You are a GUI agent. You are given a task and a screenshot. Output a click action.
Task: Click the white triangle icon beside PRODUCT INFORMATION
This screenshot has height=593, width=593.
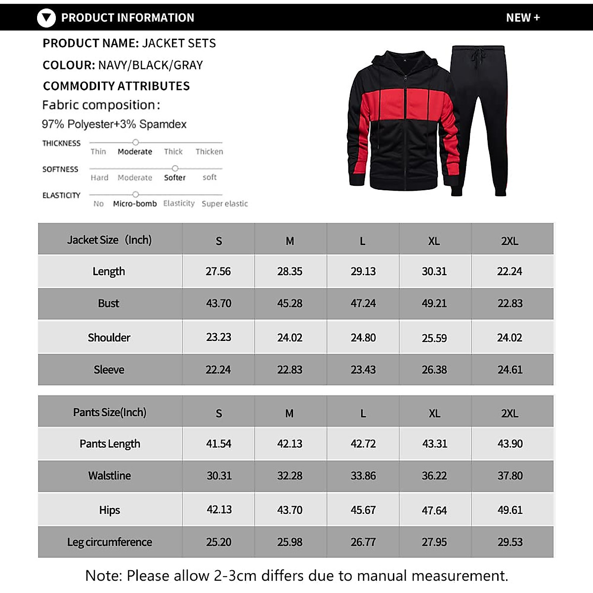pos(46,18)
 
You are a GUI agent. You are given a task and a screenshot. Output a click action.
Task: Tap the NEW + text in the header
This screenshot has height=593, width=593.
pos(523,18)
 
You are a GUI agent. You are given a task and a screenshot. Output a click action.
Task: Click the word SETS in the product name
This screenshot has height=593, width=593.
pos(202,43)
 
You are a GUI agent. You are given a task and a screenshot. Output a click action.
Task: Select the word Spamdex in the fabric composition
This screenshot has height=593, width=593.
pos(163,125)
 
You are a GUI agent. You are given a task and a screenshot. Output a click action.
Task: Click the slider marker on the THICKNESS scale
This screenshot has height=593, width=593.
pos(135,142)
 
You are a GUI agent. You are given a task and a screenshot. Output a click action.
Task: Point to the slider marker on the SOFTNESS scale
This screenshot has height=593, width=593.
pos(174,169)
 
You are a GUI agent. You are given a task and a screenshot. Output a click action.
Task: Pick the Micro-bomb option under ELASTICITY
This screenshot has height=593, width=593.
pos(134,204)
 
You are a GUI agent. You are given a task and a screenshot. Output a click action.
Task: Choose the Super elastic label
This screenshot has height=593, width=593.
pos(224,204)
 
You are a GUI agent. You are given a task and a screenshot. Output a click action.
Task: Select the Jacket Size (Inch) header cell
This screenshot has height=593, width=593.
pos(109,240)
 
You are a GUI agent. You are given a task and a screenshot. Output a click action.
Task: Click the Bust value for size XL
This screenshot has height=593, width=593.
pos(434,303)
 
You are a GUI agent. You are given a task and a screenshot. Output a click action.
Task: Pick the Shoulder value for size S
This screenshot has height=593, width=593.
pos(218,338)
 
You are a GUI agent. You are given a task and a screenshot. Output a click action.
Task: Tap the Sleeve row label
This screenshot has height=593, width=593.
pos(109,370)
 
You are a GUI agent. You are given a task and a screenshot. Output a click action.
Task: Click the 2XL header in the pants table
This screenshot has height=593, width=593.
pos(509,414)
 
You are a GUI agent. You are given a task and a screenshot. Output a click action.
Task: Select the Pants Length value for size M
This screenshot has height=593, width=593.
pos(290,444)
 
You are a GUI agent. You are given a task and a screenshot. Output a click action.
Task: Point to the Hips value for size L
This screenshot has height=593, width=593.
pos(363,510)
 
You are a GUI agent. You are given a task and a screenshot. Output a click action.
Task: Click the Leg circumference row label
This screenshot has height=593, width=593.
pos(109,542)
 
